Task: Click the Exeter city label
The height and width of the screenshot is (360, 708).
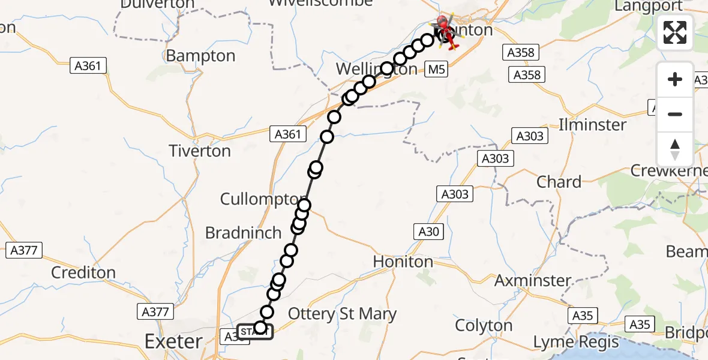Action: tap(173, 342)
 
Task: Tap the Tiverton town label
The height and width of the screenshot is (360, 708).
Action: tap(200, 151)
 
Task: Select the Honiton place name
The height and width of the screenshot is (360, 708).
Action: tap(403, 262)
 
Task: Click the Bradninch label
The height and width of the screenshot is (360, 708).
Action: tap(243, 233)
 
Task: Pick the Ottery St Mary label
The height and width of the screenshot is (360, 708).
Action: tap(343, 314)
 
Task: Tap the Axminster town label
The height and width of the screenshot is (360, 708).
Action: tap(533, 280)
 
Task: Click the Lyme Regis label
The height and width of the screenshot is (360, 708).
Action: tap(576, 343)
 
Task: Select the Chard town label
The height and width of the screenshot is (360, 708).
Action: tap(559, 182)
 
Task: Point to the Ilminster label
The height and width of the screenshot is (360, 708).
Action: tap(592, 125)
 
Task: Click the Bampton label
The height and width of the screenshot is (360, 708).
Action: tap(200, 56)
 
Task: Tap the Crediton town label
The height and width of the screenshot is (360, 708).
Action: tap(83, 272)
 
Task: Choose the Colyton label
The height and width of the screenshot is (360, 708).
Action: tap(484, 326)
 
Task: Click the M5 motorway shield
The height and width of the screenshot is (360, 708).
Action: tap(437, 70)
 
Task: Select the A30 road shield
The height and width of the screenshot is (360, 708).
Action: tap(429, 232)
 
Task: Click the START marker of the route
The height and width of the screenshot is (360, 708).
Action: tap(256, 332)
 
